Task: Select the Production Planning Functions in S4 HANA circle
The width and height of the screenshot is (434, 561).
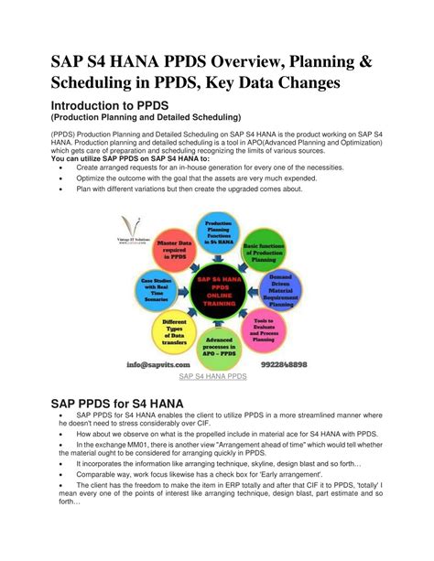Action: click(218, 229)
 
